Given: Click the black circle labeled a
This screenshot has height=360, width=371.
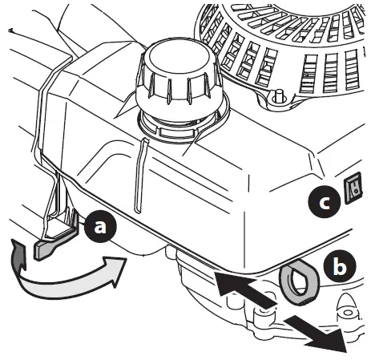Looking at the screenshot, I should coord(100,228).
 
